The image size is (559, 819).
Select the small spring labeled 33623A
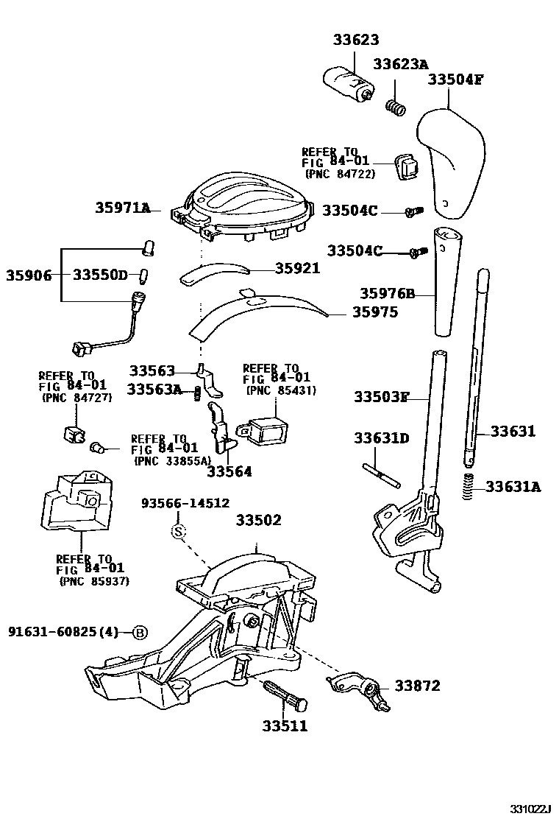[x=396, y=108]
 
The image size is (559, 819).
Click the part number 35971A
[x=122, y=208]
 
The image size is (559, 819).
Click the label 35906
[x=29, y=275]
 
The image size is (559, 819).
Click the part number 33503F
[x=380, y=398]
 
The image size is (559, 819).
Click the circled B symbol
[x=140, y=632]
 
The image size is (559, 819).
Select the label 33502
[x=258, y=520]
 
